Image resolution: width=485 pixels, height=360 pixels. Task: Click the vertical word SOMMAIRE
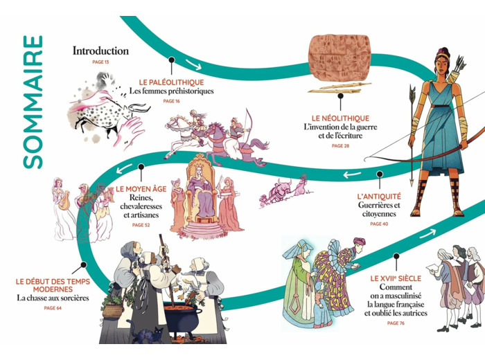coord(32,102)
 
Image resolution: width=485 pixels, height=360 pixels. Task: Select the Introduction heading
coord(100,51)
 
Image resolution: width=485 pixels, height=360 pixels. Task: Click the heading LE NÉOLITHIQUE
coord(340,118)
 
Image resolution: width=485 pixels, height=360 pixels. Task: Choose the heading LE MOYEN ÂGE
coord(141,188)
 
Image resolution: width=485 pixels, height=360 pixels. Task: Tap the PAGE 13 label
coord(100,62)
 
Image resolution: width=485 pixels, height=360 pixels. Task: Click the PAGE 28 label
coord(340,147)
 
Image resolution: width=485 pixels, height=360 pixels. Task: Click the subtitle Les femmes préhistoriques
coord(171,91)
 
